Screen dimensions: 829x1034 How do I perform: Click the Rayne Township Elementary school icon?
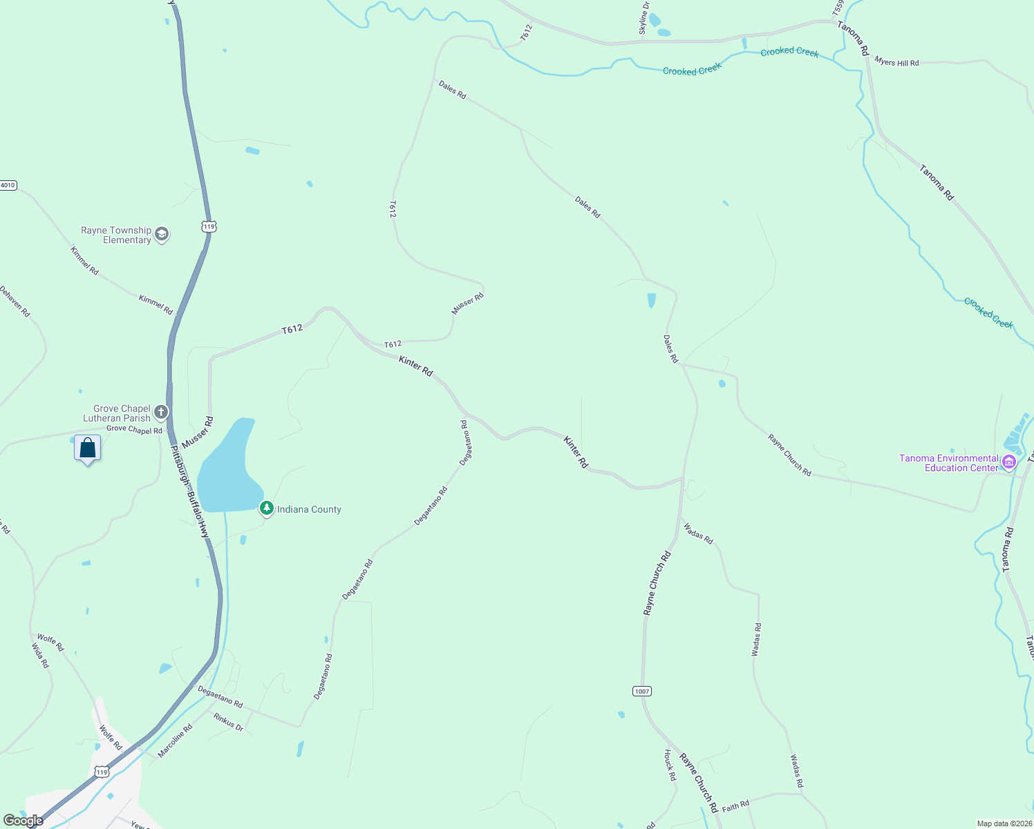tap(161, 234)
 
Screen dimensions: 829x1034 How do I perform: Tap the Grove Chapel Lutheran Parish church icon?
tap(161, 413)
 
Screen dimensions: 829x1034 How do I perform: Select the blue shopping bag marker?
tap(88, 448)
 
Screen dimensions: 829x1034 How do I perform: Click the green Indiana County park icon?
tap(266, 508)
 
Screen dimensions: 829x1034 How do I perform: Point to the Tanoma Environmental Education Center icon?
tap(1008, 461)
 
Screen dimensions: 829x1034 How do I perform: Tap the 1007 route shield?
tap(641, 691)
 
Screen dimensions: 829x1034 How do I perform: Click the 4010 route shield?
tap(8, 185)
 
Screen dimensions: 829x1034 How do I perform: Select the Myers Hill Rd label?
tap(896, 62)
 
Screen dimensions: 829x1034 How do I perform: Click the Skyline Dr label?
tap(643, 18)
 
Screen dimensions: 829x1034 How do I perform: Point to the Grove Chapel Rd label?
tap(134, 430)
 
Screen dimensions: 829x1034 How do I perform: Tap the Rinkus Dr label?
tap(229, 722)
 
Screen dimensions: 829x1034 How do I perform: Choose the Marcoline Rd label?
tap(175, 741)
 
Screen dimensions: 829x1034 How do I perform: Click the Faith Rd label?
tap(735, 806)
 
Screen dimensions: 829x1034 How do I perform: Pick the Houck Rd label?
tap(670, 765)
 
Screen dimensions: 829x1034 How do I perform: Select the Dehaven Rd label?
tap(15, 301)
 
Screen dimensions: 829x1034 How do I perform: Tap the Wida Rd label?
tap(41, 655)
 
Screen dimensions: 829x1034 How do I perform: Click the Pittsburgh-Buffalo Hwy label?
tap(190, 492)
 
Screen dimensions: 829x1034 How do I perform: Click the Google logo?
tap(23, 821)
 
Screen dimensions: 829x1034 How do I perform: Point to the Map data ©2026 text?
tap(1004, 823)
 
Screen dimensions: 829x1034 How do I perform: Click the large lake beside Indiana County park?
tap(225, 470)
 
